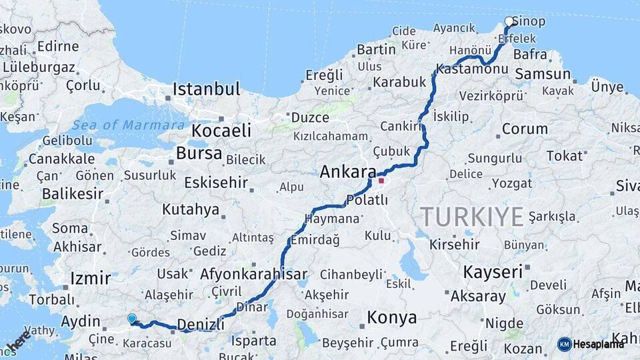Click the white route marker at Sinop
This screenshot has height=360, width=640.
(509, 21)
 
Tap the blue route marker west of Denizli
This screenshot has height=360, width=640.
(132, 319)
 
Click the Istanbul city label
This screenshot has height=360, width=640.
(206, 89)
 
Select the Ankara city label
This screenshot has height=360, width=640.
(348, 172)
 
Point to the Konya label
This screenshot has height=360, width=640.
(392, 318)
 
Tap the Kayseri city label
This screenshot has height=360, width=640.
(492, 272)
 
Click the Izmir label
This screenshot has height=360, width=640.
(90, 277)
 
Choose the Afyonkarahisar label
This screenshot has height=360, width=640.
(253, 274)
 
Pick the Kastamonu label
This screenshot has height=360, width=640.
(472, 69)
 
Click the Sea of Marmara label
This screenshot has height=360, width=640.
(128, 125)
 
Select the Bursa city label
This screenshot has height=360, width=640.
(199, 153)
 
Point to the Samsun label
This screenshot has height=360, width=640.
(543, 74)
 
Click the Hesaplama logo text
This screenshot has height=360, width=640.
(599, 344)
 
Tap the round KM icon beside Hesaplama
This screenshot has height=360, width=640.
(564, 344)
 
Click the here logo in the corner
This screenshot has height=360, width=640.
(19, 341)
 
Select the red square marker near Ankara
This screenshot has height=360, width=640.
(381, 180)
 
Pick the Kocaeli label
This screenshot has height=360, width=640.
(221, 130)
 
